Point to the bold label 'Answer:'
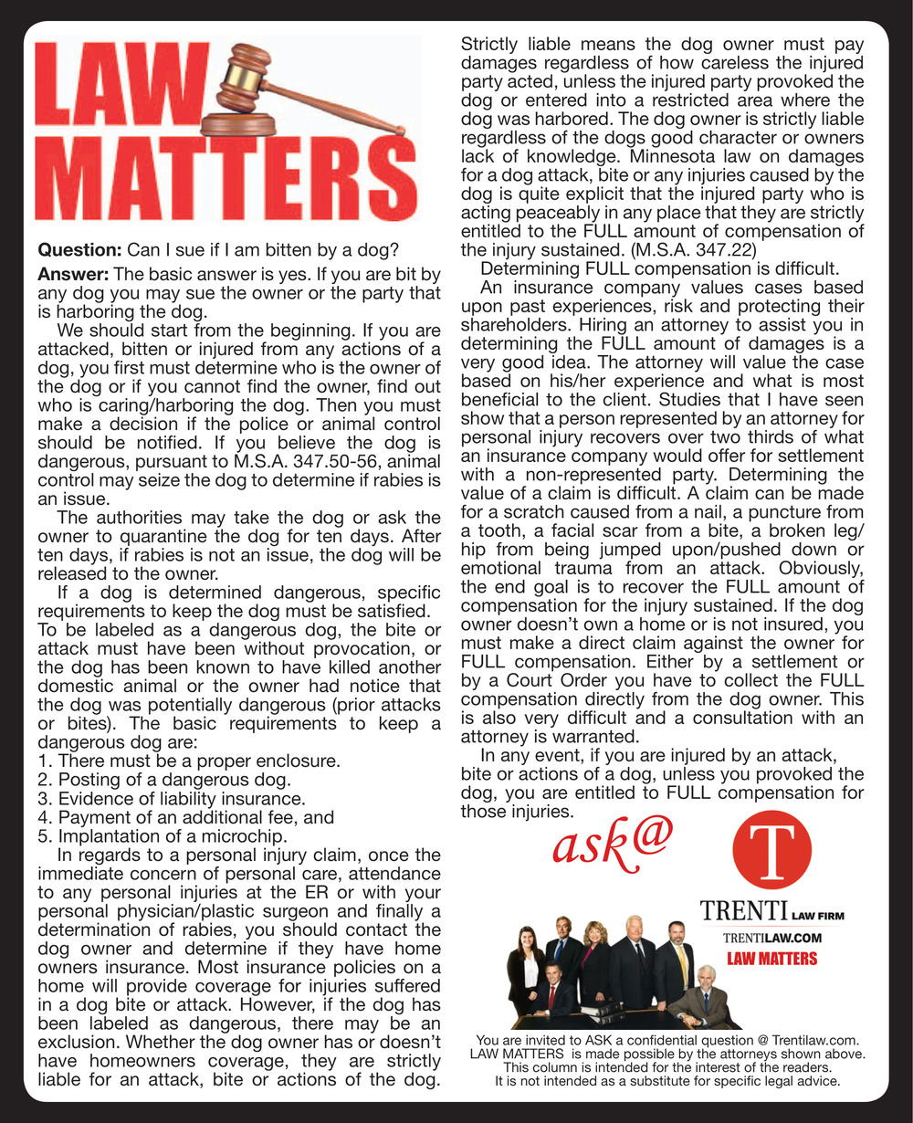point(73,274)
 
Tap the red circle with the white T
point(772,849)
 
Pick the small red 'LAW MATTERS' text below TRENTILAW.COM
point(772,959)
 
